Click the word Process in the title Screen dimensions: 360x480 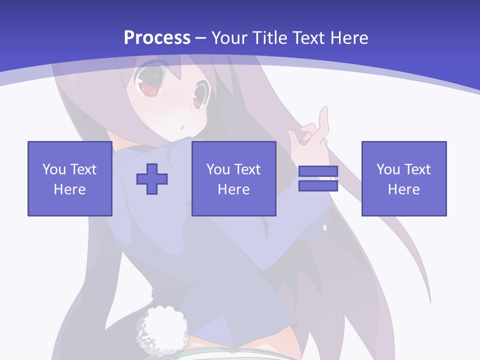pyautogui.click(x=157, y=37)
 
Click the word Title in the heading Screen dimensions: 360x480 pyautogui.click(x=268, y=37)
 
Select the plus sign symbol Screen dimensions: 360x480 pyautogui.click(x=152, y=179)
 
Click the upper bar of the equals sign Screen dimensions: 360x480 pyautogui.click(x=318, y=171)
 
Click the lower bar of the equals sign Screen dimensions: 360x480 pyautogui.click(x=318, y=186)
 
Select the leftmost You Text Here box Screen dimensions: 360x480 pyautogui.click(x=69, y=178)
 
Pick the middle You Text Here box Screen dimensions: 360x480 pyautogui.click(x=233, y=178)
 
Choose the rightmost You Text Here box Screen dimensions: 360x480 pyautogui.click(x=403, y=178)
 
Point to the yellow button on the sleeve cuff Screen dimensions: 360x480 pyautogui.click(x=324, y=227)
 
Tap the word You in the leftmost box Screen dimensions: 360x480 pyautogui.click(x=54, y=169)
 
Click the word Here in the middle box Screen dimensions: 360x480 pyautogui.click(x=233, y=189)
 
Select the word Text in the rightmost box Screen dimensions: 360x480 pyautogui.click(x=417, y=169)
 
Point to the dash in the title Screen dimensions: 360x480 pyautogui.click(x=201, y=38)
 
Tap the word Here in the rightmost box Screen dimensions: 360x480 pyautogui.click(x=403, y=189)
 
